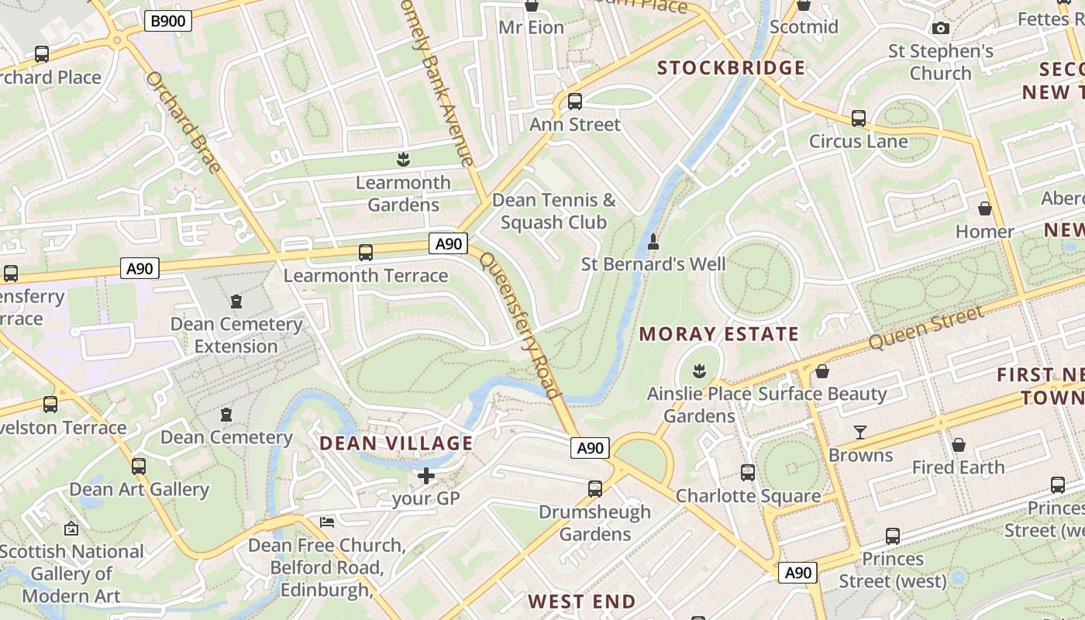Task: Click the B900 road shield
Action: pos(167,21)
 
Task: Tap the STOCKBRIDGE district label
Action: pos(732,68)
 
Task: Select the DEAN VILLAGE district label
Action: pos(396,443)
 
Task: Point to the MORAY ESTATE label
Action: pos(718,335)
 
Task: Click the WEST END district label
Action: pos(581,601)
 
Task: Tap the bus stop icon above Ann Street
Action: pos(574,102)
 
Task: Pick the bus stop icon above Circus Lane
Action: pos(858,119)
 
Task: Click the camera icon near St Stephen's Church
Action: pos(941,29)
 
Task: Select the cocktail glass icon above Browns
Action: pos(860,432)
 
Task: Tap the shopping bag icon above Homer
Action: pos(984,208)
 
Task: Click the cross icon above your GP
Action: pos(425,475)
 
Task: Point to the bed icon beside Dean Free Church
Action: pos(327,522)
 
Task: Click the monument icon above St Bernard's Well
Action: pos(653,241)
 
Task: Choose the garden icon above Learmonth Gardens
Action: pos(402,160)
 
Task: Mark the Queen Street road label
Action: pos(925,327)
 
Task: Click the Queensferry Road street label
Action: pos(519,325)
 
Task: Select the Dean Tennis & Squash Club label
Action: pos(553,212)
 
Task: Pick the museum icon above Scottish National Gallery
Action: pos(71,529)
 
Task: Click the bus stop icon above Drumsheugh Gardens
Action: pos(594,488)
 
